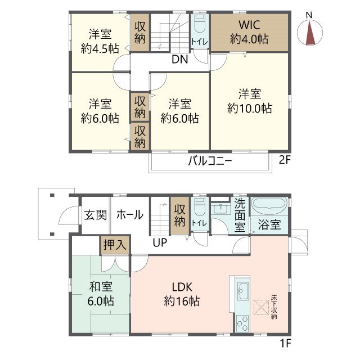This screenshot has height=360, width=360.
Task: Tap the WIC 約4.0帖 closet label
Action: pos(248,32)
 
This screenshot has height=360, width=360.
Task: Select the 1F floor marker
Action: pos(285,342)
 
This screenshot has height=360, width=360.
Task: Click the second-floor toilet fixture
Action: pos(199,25)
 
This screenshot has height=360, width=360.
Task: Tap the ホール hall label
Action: pos(129,215)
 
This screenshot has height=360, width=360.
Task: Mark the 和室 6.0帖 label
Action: pos(100,293)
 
